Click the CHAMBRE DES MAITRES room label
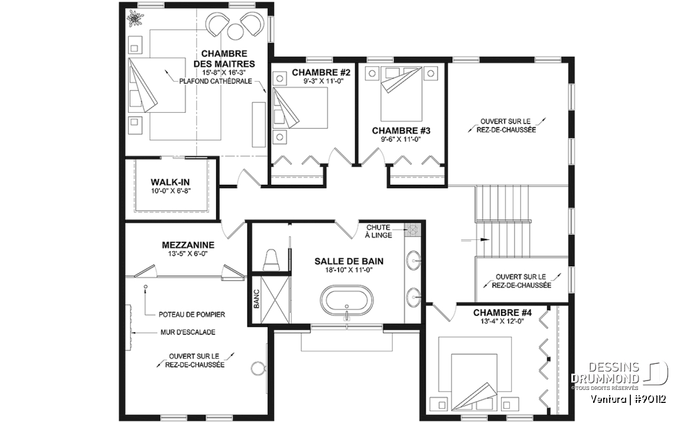click(x=224, y=59)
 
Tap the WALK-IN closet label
click(x=170, y=182)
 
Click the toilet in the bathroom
click(x=271, y=259)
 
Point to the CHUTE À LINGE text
click(x=378, y=231)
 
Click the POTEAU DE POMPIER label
click(x=192, y=315)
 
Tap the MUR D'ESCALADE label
click(x=188, y=332)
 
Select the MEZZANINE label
click(x=188, y=245)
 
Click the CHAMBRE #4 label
click(x=503, y=313)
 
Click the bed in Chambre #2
click(x=300, y=108)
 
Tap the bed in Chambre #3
click(x=401, y=94)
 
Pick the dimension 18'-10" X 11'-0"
click(x=349, y=270)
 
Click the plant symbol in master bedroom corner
click(x=133, y=17)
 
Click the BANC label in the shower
click(x=257, y=298)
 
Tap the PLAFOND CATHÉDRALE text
click(x=216, y=82)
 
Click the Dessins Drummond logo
click(x=619, y=373)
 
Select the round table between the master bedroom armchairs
click(x=235, y=32)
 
